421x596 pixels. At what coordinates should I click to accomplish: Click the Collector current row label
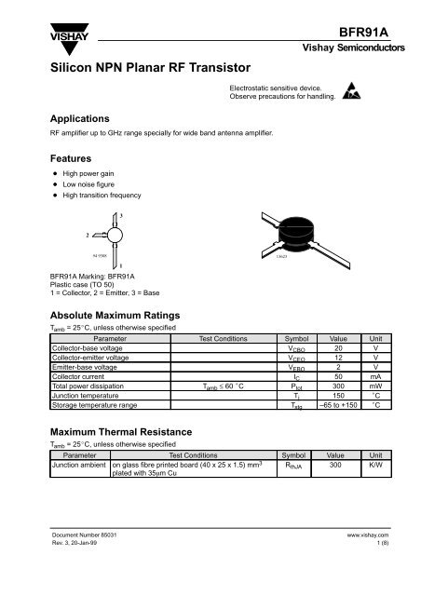coord(81,375)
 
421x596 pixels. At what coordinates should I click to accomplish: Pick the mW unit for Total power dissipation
coord(375,385)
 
